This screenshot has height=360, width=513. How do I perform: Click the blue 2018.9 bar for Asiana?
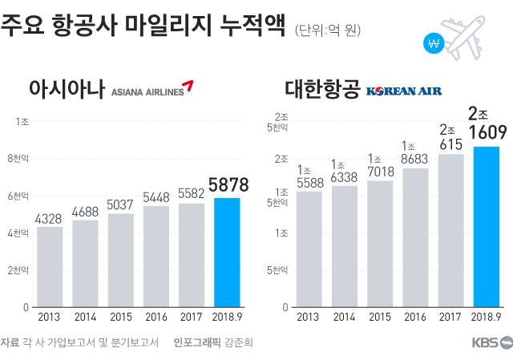(x=227, y=252)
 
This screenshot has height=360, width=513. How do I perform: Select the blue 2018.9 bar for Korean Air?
(x=487, y=226)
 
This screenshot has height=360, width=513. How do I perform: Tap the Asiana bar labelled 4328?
(x=50, y=266)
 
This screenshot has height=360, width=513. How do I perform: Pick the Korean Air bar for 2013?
(x=310, y=249)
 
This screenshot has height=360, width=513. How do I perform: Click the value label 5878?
(x=227, y=185)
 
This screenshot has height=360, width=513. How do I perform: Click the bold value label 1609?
(x=486, y=131)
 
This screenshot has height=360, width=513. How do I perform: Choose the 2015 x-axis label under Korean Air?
(x=381, y=318)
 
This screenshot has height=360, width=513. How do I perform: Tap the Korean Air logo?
(x=404, y=91)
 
